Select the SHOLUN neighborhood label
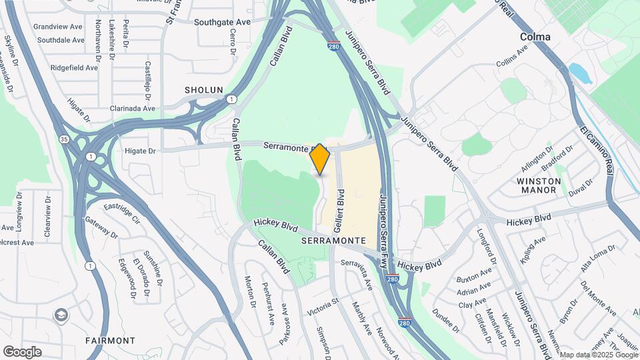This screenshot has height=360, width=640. coord(204,90)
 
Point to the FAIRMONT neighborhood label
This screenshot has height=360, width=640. coord(110,341)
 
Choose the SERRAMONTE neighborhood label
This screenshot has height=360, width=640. coord(333,239)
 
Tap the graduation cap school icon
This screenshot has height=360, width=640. coord(61,314)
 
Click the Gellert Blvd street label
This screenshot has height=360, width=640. coord(341,194)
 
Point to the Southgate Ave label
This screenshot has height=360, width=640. coord(222,22)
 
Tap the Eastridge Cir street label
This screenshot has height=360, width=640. coord(122,211)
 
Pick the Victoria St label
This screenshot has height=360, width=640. coord(323,308)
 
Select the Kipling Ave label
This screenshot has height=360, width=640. coord(533,247)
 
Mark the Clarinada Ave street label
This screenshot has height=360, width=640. coord(133,108)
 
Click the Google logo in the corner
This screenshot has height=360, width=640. coord(22,351)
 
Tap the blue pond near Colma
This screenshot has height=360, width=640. coord(581,73)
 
